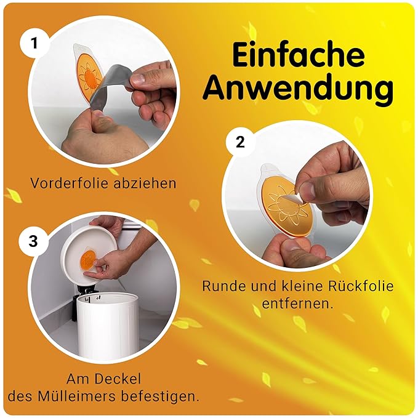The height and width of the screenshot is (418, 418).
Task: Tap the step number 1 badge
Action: click(x=34, y=44)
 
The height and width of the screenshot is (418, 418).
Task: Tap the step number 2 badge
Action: click(x=240, y=142)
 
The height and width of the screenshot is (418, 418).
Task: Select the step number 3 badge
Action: click(x=33, y=241)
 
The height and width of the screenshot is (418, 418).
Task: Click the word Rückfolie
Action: click(x=360, y=286)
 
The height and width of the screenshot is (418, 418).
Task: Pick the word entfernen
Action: click(x=297, y=303)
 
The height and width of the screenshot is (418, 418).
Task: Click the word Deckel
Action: click(x=122, y=379)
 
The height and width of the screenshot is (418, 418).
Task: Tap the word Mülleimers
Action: click(x=78, y=396)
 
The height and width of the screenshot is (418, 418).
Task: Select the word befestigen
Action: click(x=161, y=396)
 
